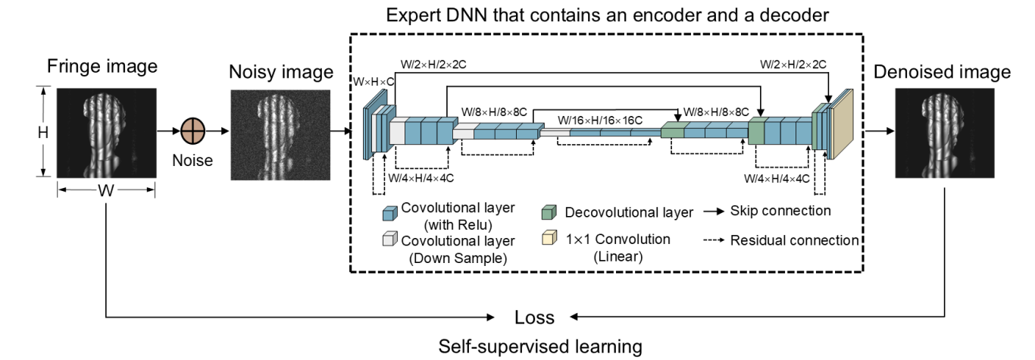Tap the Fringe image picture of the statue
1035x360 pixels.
tap(106, 132)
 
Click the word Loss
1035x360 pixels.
tap(534, 317)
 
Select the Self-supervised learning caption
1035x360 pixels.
tap(540, 347)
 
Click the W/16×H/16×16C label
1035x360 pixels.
tap(600, 120)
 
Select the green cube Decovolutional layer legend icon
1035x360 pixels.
tap(550, 213)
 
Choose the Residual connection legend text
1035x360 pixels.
tap(794, 240)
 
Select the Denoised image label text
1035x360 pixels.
tap(942, 72)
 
